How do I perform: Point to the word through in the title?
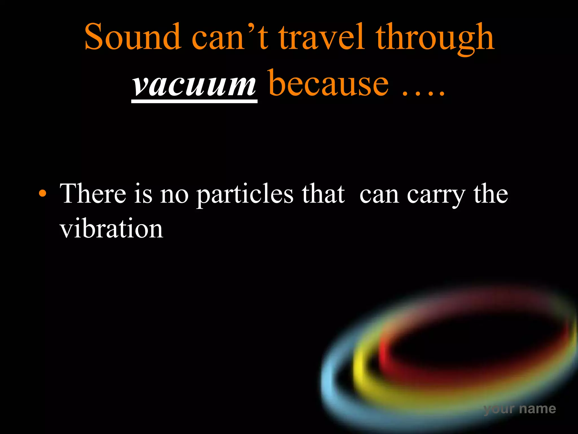tap(435, 38)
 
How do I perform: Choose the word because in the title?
tap(329, 83)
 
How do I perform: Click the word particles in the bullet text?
tap(245, 195)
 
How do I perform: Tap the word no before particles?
tap(174, 195)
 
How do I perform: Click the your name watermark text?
tap(520, 409)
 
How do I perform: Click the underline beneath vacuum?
tap(194, 101)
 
